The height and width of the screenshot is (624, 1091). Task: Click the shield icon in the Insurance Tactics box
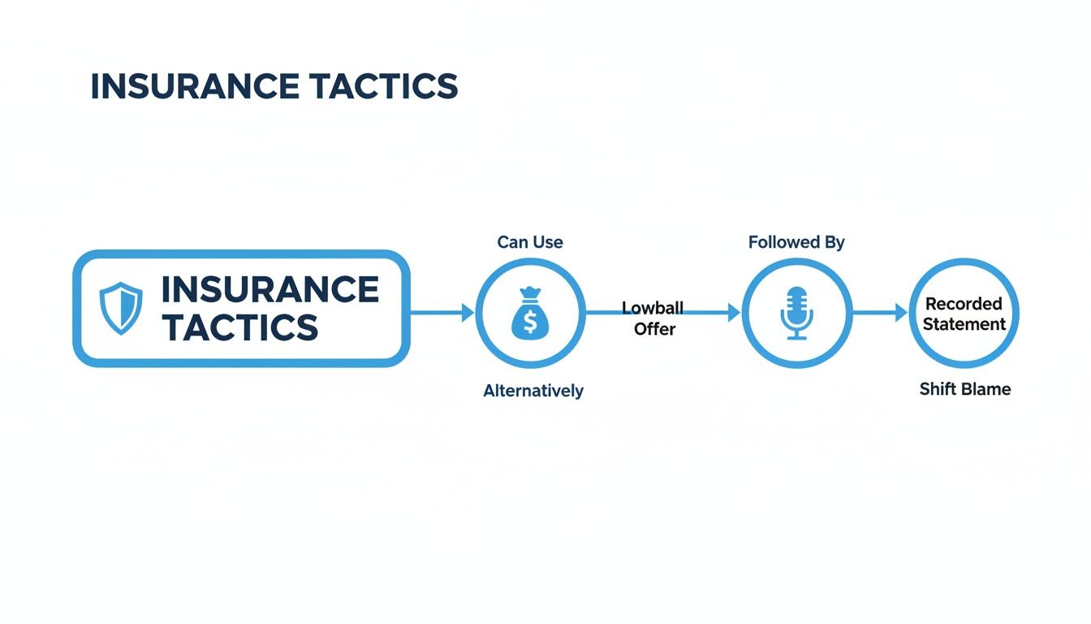pos(120,308)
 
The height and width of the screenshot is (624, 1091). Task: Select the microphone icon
pos(797,313)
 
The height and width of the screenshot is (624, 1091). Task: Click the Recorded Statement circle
pos(964,314)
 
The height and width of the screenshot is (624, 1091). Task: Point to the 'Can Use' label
pos(530,242)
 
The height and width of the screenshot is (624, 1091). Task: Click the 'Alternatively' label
pos(533,391)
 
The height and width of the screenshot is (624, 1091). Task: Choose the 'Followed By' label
pos(796,242)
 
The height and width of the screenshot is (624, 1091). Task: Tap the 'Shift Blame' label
pos(964,389)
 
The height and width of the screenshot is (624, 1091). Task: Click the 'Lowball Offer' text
pos(653,318)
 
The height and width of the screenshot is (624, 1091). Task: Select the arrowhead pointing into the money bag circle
pos(468,312)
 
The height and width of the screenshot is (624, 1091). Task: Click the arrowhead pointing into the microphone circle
pos(735,312)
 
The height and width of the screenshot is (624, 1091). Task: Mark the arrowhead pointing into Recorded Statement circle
pos(901,312)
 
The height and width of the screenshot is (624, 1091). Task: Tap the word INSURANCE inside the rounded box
pos(270,290)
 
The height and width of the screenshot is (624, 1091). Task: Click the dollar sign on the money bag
pos(530,323)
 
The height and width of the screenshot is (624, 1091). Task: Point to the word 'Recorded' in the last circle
pos(964,304)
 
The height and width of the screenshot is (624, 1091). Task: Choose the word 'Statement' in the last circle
pos(964,324)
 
